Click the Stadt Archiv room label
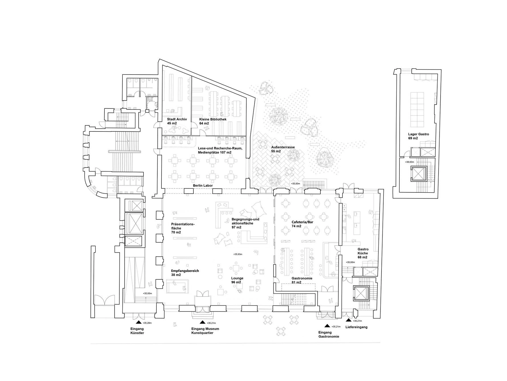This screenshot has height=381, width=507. [177, 121]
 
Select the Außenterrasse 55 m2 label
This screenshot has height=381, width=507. [283, 149]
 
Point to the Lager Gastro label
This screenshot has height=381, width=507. [418, 136]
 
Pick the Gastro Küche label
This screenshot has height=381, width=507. [363, 253]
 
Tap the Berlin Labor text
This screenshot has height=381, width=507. [203, 185]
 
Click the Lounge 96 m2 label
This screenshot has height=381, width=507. [237, 280]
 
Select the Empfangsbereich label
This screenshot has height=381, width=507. [185, 273]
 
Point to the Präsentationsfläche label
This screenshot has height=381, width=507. [183, 228]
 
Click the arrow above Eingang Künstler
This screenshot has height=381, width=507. [138, 322]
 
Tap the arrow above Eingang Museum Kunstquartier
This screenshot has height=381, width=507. [202, 322]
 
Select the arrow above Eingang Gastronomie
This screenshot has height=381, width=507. [327, 326]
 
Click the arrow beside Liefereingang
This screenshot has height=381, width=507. [349, 321]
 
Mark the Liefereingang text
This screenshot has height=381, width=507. [356, 327]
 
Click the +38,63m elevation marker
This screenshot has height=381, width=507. [409, 162]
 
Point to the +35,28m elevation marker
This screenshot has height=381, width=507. [147, 323]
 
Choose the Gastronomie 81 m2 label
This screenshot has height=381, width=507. [302, 280]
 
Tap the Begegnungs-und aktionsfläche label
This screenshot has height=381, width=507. [245, 223]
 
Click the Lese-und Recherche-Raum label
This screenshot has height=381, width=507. [220, 150]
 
